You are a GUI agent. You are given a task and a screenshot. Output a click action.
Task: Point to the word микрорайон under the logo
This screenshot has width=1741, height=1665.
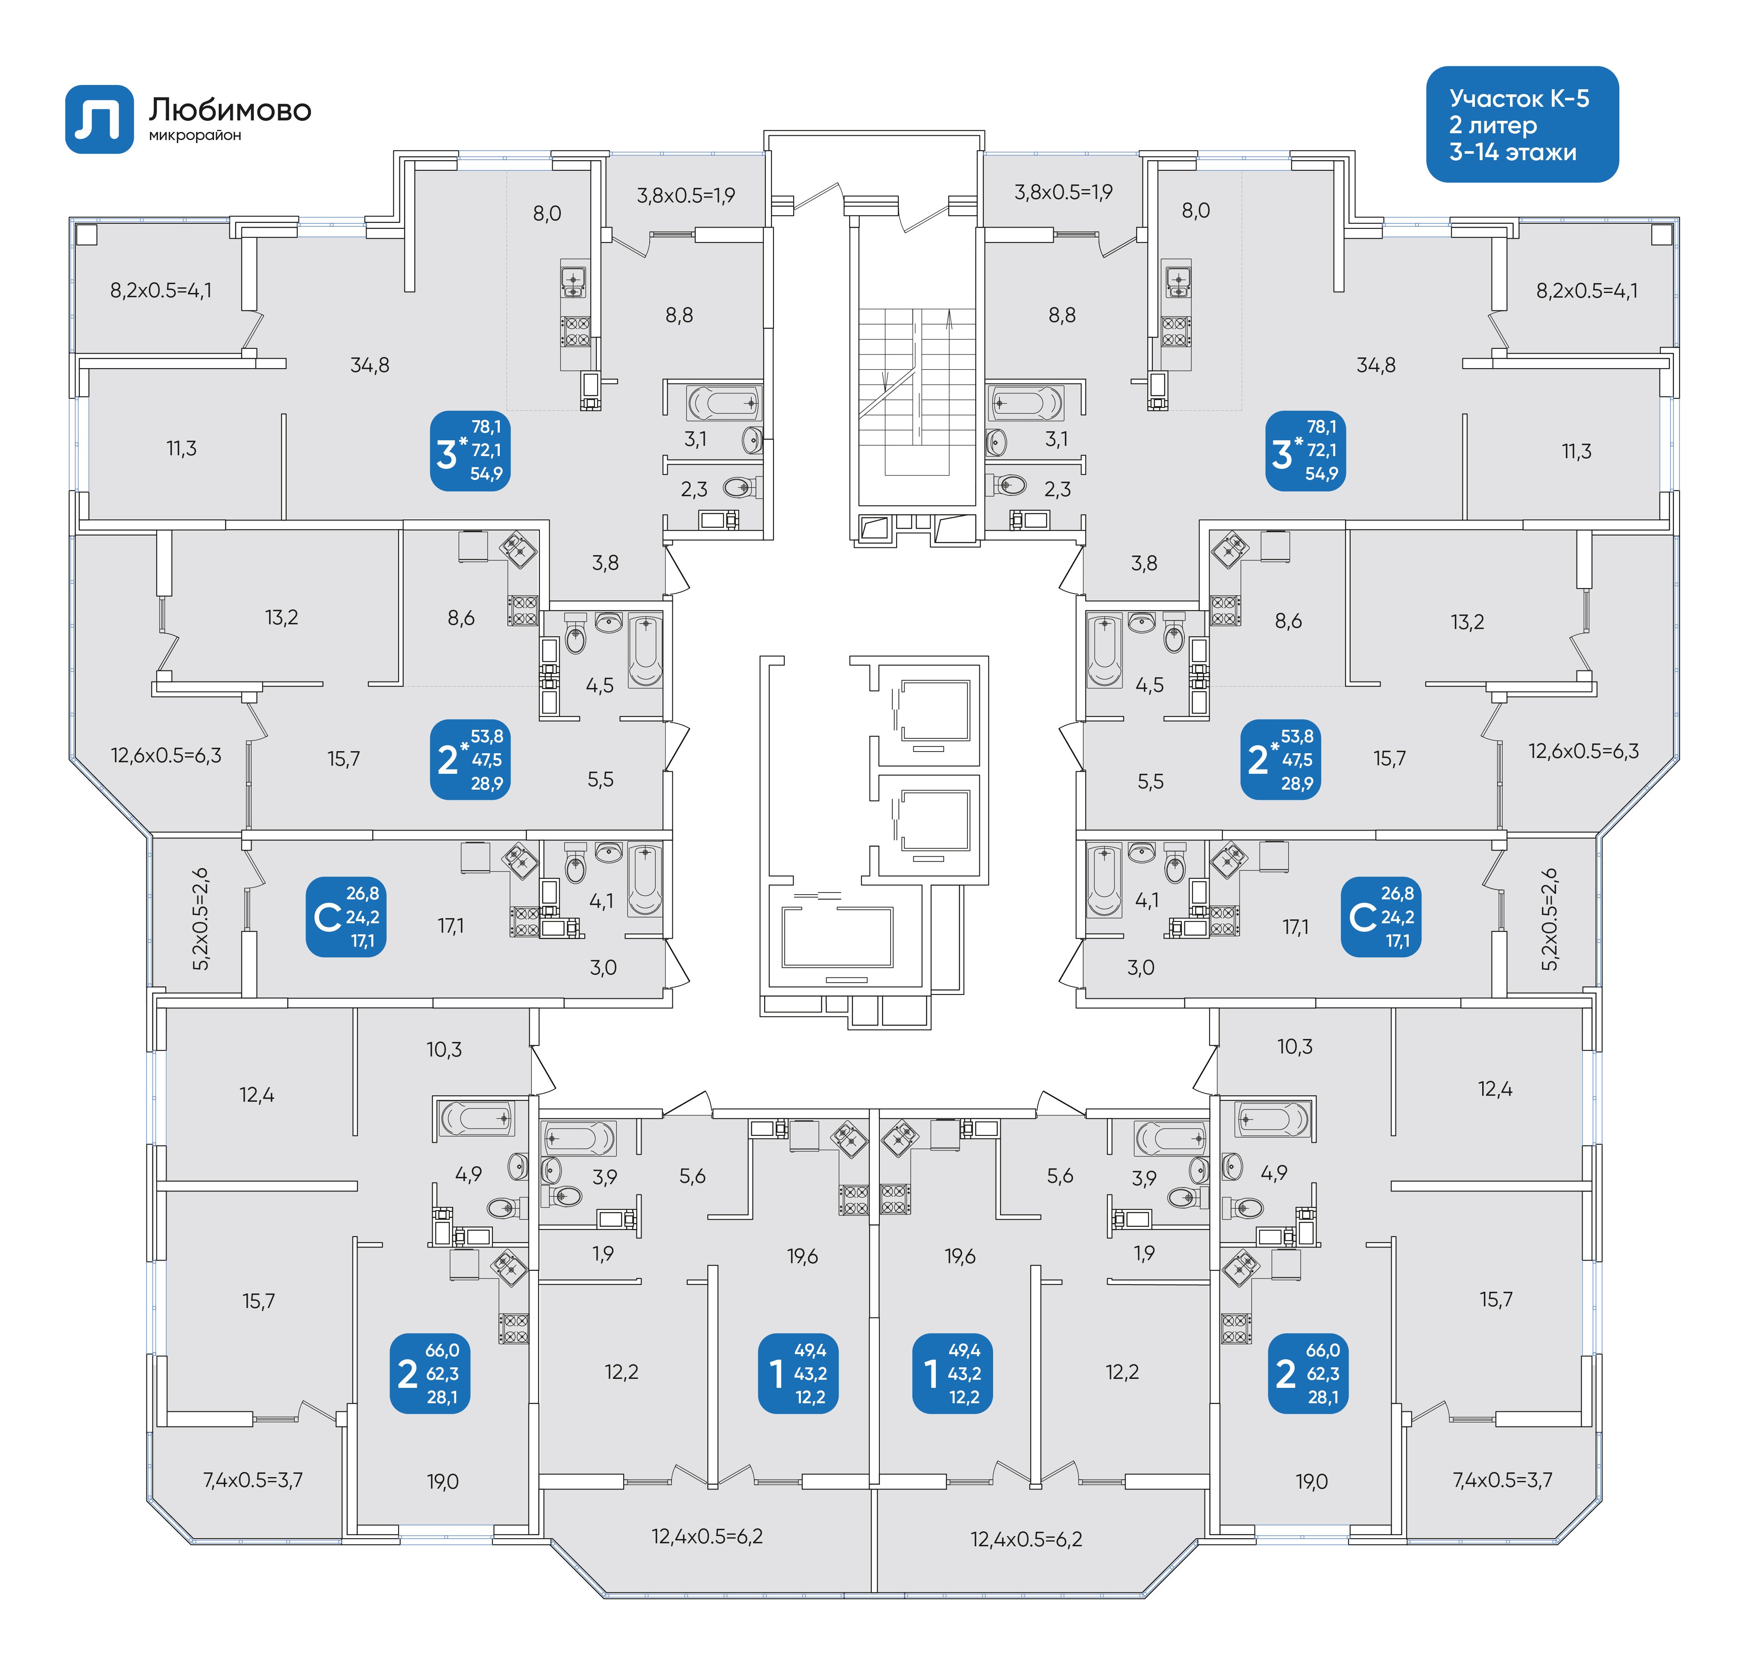(x=194, y=136)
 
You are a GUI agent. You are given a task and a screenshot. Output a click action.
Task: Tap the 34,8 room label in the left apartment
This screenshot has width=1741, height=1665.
(x=369, y=365)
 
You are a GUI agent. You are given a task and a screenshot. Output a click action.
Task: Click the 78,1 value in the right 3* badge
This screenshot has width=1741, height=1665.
(x=1321, y=427)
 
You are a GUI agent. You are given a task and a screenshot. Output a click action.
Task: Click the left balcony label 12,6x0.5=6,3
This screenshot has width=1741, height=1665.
(x=166, y=755)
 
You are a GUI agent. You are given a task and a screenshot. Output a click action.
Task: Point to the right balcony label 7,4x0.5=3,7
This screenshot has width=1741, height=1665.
(x=1502, y=1480)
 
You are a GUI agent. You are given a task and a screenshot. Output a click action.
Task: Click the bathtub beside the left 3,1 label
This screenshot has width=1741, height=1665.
(x=723, y=404)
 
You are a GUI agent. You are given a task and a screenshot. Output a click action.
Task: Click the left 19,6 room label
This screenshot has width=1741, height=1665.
(x=802, y=1256)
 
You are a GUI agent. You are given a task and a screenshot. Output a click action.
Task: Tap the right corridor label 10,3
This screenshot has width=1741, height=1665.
(x=1294, y=1046)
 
